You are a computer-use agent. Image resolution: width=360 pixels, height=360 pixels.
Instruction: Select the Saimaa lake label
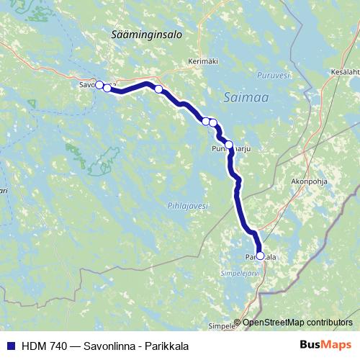coord(242,94)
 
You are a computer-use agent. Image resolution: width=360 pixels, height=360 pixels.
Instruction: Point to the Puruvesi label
coord(274,73)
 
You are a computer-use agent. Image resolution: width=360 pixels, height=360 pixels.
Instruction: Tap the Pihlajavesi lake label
coord(189,205)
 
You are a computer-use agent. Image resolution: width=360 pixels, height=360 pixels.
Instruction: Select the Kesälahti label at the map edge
coord(344,72)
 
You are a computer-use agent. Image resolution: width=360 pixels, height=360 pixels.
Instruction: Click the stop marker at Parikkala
coord(260,256)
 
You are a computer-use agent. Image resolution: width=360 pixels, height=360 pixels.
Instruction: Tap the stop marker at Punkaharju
coord(229,145)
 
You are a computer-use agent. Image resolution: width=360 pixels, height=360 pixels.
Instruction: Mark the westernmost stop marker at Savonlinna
coord(99,84)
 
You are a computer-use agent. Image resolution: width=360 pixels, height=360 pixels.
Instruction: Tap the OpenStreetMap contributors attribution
coord(297,323)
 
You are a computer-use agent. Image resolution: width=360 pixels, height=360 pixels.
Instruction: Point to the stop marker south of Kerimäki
coord(158,89)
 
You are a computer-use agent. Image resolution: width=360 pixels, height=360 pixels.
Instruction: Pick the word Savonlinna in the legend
coord(107,346)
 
